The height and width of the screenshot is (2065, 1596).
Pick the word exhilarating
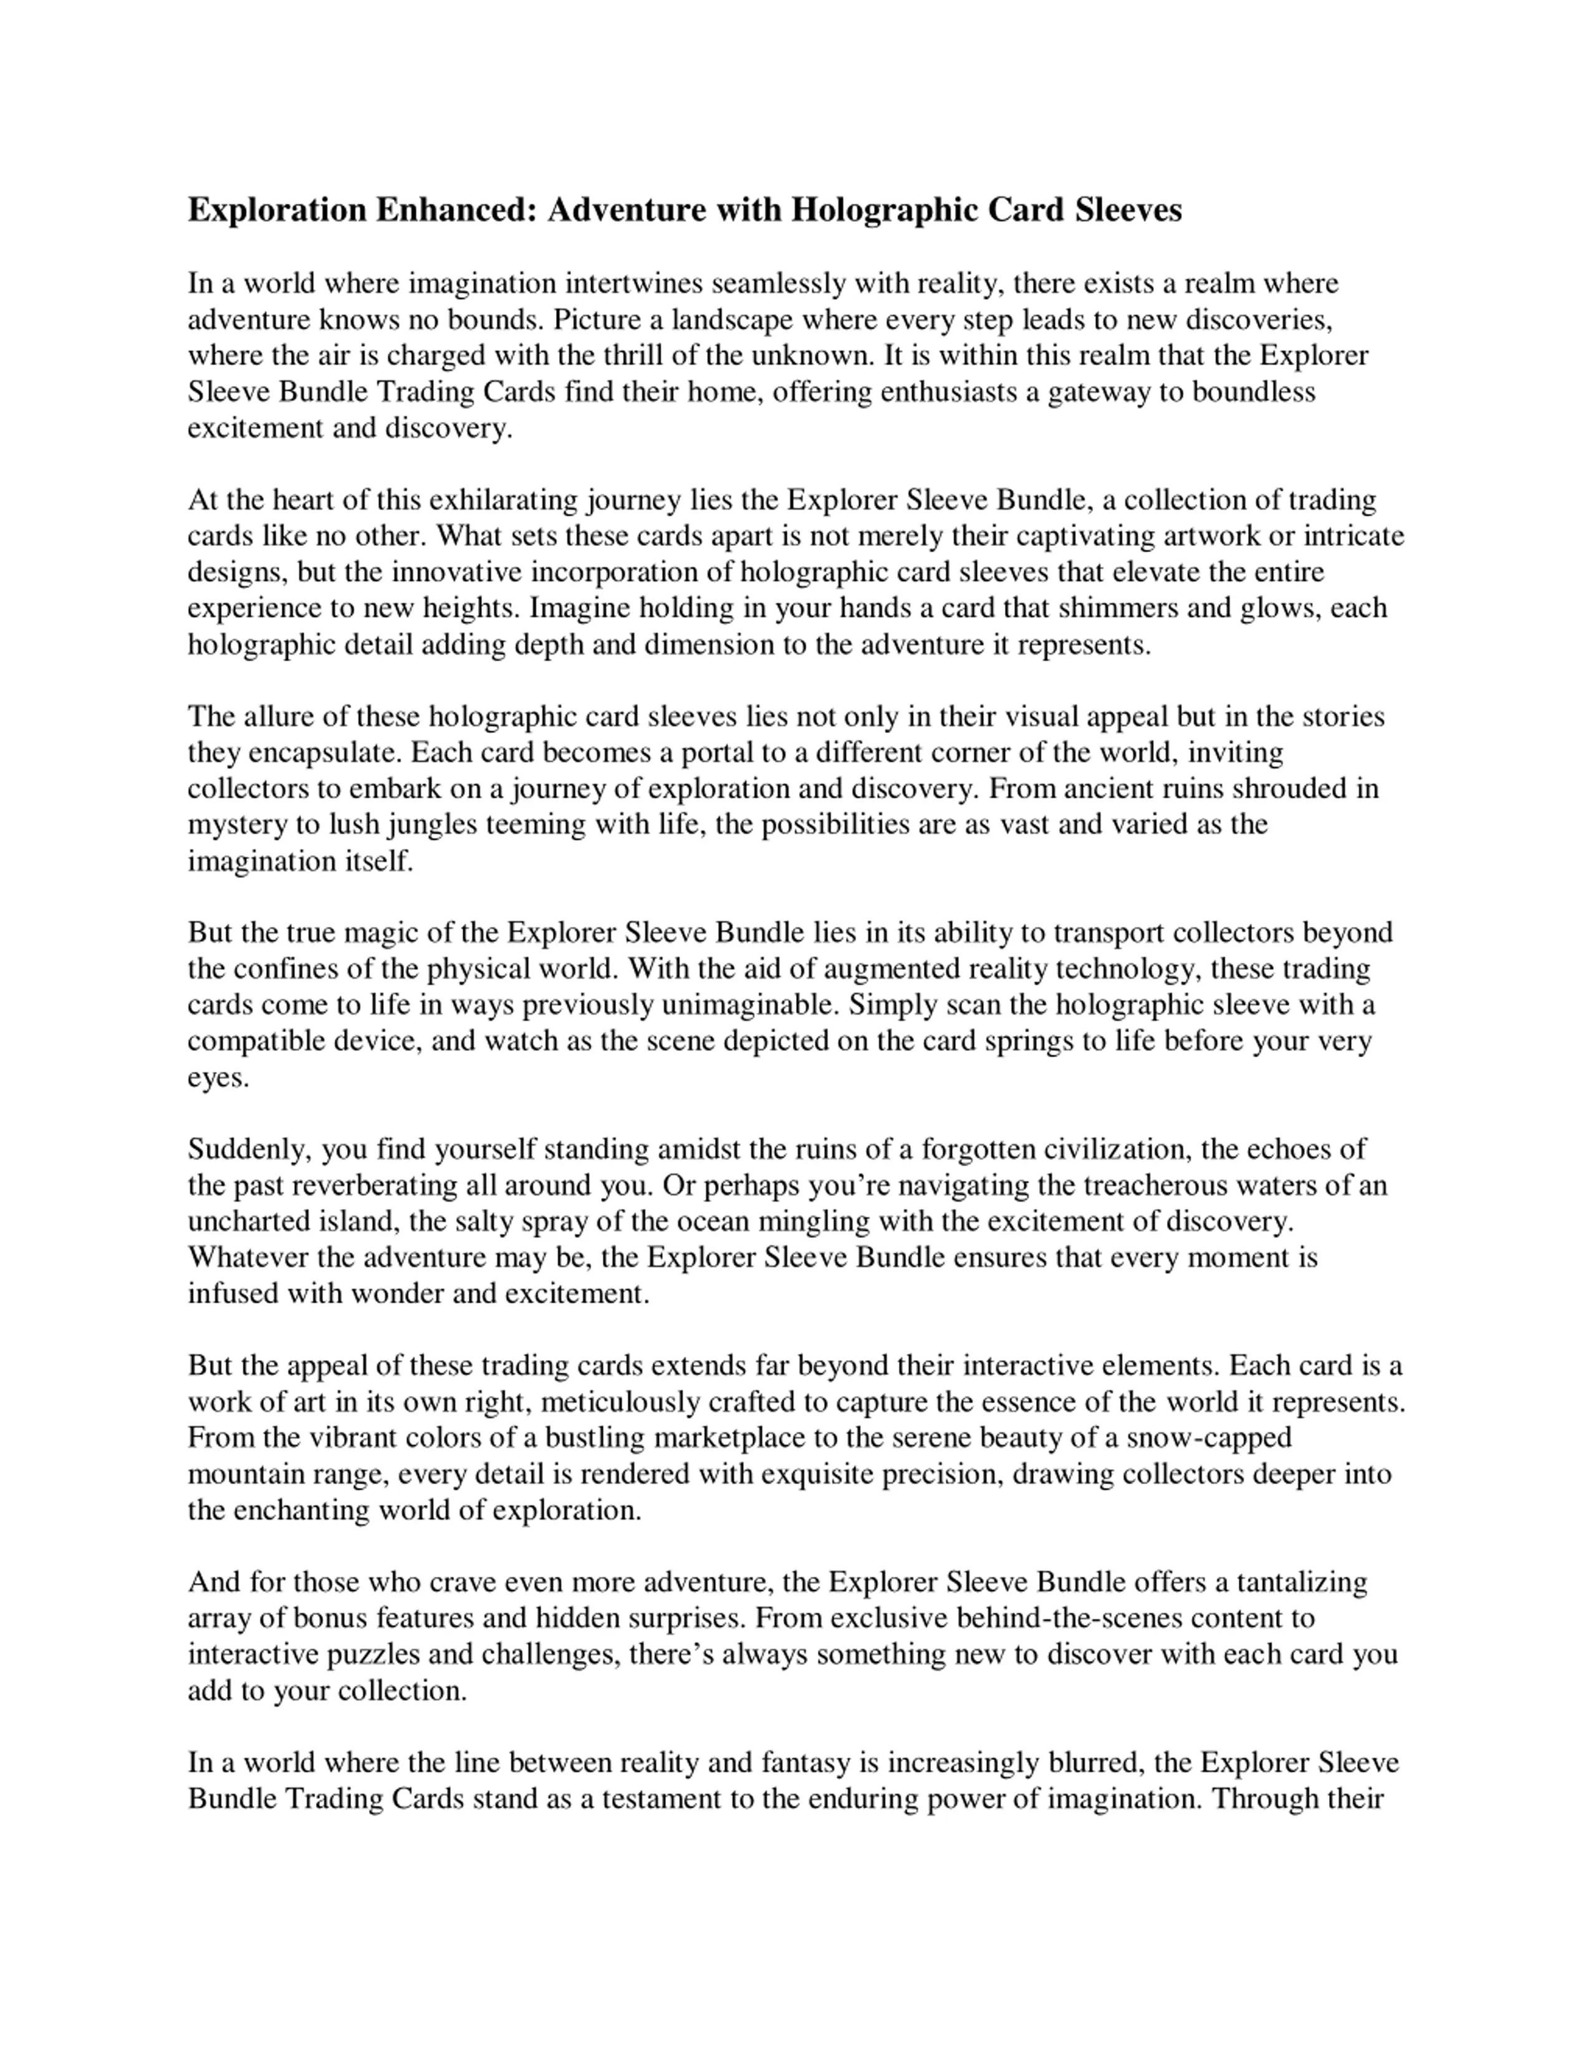[x=518, y=499]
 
